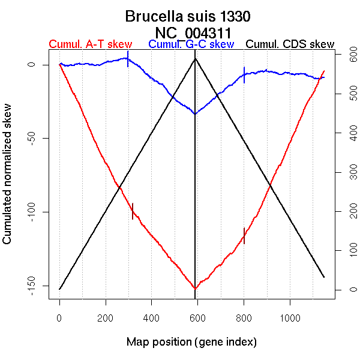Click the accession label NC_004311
(x=193, y=32)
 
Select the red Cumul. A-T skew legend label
(x=91, y=44)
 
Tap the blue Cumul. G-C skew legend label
(x=191, y=44)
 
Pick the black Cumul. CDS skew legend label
(x=290, y=44)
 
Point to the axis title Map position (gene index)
(x=191, y=342)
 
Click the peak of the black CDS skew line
(x=195, y=58)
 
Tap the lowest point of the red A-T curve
(x=195, y=289)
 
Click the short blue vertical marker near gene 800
(x=244, y=74)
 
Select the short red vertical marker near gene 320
(x=133, y=211)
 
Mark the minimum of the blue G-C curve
(x=195, y=114)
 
